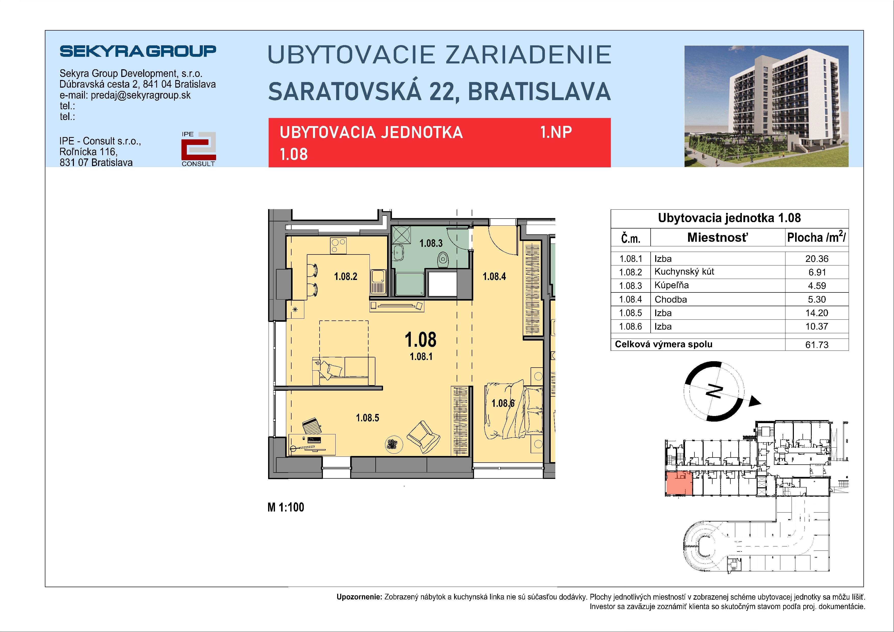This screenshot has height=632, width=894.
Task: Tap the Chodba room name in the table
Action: coord(670,299)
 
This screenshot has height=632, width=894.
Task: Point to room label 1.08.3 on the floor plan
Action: coord(431,244)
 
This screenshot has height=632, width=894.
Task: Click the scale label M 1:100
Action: coord(286,507)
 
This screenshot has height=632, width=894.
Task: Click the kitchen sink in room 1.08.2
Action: coord(378,281)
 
